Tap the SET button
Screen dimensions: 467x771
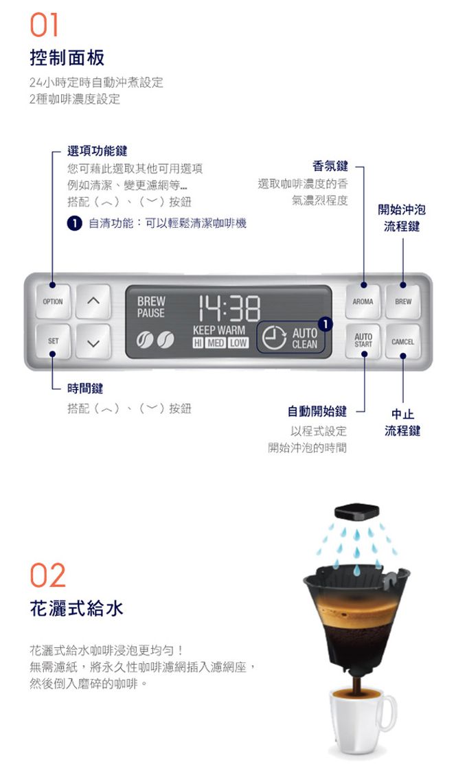point(53,341)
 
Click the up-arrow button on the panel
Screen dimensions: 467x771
point(93,301)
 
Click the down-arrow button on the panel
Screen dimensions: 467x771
point(93,341)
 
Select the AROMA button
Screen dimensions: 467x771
point(363,301)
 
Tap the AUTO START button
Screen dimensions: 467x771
point(363,341)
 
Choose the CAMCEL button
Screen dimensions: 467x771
point(403,341)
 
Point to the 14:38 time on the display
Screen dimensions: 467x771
point(229,308)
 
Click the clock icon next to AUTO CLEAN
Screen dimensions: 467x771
point(273,338)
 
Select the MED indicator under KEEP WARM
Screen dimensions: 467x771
point(216,343)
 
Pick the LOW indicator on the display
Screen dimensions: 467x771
point(238,343)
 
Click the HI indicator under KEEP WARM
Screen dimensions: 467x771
point(198,343)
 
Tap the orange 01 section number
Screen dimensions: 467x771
point(44,25)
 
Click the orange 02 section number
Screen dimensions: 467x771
point(48,575)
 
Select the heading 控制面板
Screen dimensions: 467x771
point(67,58)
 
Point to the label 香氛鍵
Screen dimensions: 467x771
point(330,166)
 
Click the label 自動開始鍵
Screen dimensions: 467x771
point(317,411)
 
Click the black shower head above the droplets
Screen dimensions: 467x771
point(356,511)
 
